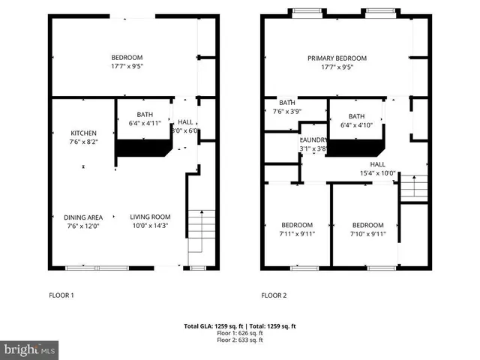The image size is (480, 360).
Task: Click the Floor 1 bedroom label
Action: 127,58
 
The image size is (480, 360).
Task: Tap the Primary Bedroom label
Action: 337,58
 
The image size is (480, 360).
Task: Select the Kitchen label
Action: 83,133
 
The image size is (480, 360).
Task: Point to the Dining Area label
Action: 83,217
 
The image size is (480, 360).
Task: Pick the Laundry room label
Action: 312,140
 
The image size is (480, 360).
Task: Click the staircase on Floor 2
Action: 413,187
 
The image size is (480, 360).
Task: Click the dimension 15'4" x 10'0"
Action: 377,173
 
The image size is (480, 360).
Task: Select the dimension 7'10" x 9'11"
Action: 367,234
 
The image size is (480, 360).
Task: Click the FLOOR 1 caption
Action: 61,295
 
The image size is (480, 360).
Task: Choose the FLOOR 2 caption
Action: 274,295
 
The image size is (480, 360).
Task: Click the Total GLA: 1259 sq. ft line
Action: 240,326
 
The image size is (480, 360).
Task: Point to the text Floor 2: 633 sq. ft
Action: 240,340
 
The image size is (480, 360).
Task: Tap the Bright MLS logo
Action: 30,349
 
